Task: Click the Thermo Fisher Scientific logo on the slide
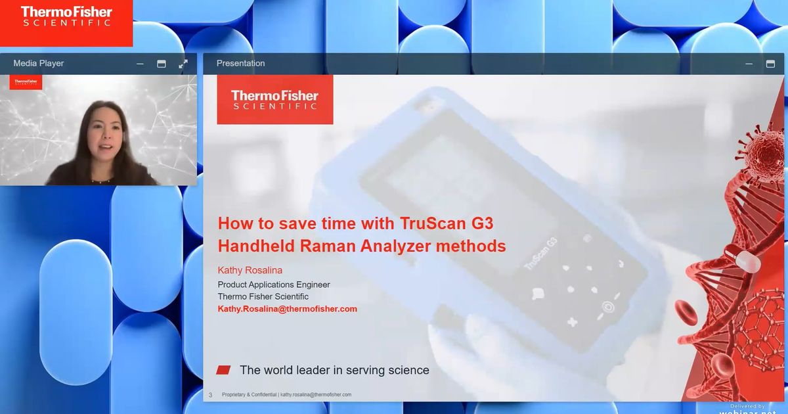coord(274,100)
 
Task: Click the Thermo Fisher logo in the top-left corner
coord(66,16)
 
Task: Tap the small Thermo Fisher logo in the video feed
coord(26,82)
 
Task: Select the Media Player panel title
coord(39,64)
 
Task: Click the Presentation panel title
coord(240,64)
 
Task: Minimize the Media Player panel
coord(140,64)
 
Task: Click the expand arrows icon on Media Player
coord(183,64)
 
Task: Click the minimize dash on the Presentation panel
coord(749,64)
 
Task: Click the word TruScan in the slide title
coord(429,223)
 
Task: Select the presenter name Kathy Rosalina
coord(250,270)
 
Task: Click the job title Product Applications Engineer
coord(274,285)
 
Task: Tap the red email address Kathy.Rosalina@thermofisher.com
coord(287,309)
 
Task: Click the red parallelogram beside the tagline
coord(223,370)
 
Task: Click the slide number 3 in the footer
coord(210,395)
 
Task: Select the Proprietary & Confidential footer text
coord(249,395)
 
